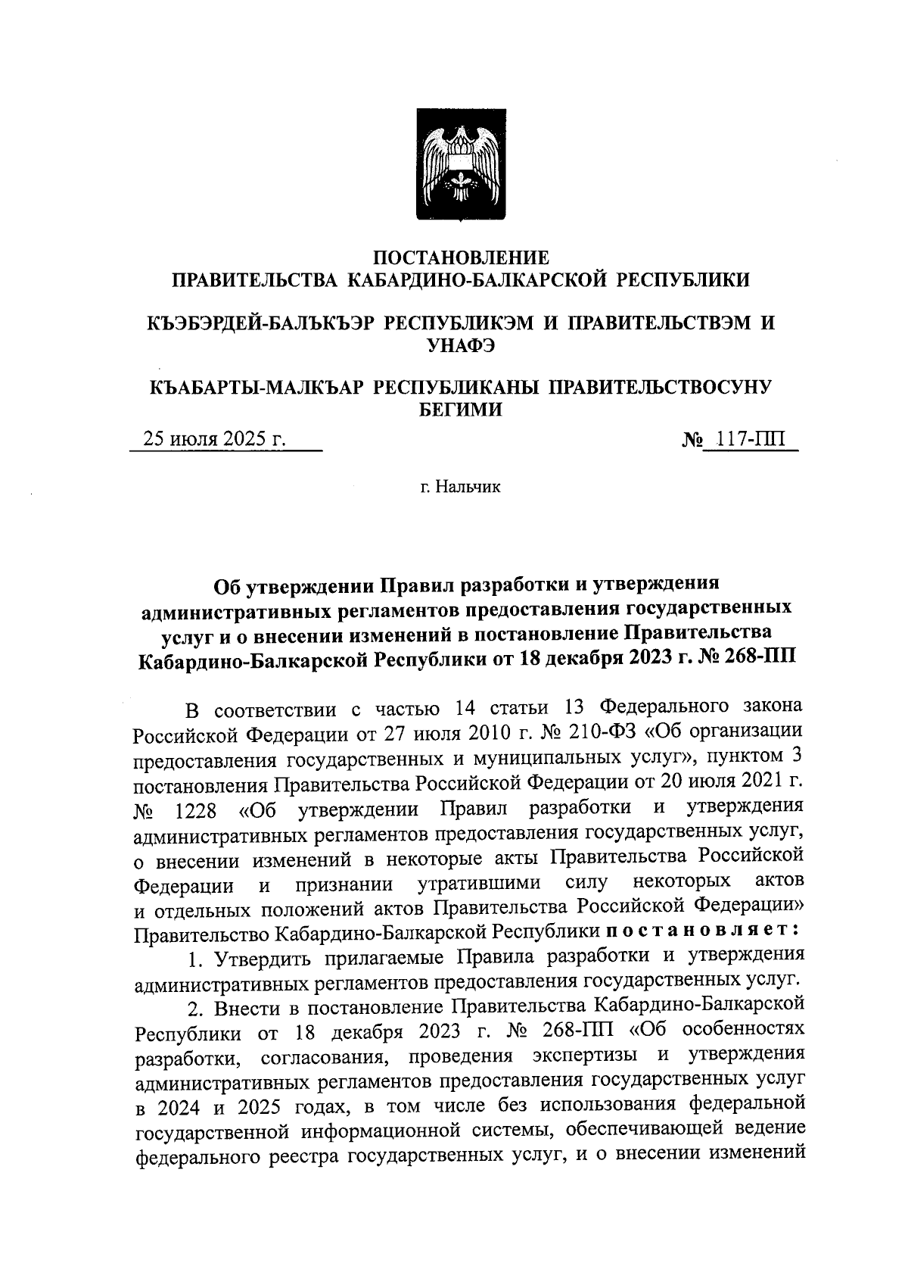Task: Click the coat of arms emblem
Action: pos(462,165)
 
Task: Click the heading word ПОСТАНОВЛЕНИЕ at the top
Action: pos(462,257)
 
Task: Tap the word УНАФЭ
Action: pos(461,345)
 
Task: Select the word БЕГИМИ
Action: pos(461,409)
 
